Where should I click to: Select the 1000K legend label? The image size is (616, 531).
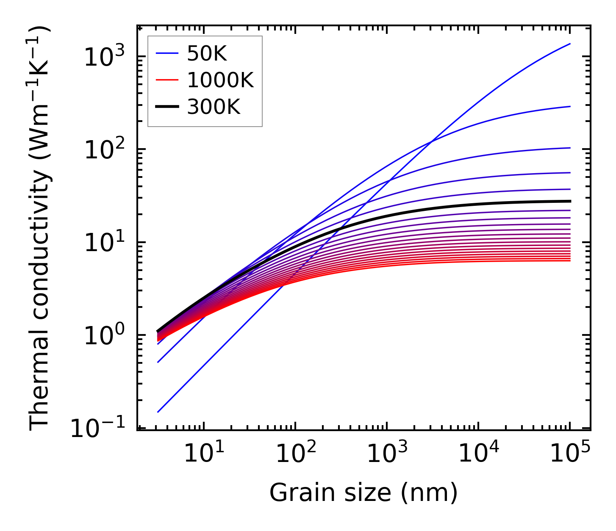(220, 80)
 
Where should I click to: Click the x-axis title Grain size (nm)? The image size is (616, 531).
(363, 493)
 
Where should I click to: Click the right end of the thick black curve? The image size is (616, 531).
(570, 201)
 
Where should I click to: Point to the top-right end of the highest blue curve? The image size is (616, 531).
(570, 44)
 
